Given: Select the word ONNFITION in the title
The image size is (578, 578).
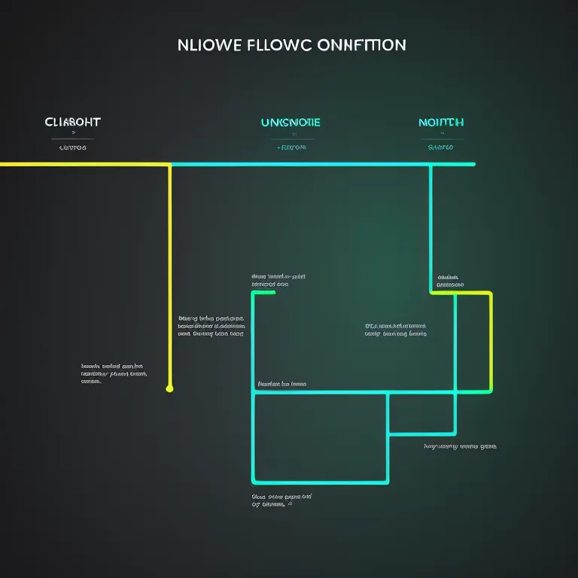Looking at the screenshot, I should (363, 45).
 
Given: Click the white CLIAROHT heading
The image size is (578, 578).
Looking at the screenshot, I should (72, 122).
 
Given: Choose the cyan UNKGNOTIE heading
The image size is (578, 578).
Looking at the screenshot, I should (291, 122).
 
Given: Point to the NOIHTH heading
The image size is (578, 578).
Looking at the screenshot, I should (441, 122).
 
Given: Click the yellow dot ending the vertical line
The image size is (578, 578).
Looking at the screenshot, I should (169, 389).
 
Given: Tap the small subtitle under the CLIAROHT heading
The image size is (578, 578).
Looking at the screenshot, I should (72, 148).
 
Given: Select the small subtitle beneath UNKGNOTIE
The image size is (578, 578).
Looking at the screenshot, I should (291, 148).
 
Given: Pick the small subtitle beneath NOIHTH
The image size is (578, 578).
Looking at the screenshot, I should (441, 148).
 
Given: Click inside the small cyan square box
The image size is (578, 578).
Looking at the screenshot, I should (421, 413).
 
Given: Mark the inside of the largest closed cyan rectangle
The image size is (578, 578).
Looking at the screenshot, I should (320, 437).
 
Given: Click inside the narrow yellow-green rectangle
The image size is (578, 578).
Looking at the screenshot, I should (473, 342).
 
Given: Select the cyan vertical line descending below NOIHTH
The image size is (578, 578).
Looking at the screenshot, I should (430, 226).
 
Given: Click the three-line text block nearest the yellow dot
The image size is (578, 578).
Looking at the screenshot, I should (114, 373).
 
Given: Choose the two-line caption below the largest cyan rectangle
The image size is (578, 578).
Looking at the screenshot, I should (281, 500).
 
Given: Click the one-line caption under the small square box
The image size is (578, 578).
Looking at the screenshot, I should (460, 446).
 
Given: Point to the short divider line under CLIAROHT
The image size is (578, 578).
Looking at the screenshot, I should (72, 139).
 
